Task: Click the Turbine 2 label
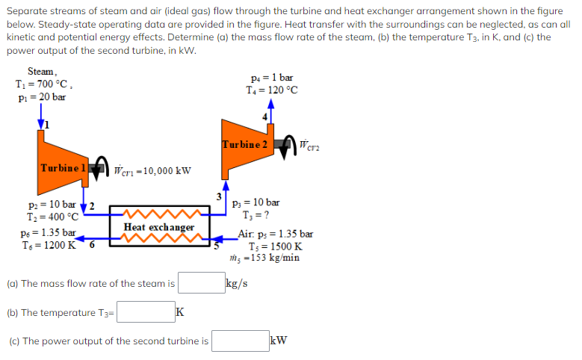click(244, 144)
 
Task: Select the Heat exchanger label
click(159, 227)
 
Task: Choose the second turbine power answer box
click(239, 341)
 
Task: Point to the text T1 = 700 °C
click(44, 84)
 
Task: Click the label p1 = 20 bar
click(40, 97)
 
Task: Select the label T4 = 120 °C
click(272, 90)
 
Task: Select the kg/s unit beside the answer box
click(238, 283)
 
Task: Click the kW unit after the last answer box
click(279, 341)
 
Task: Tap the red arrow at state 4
click(270, 106)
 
